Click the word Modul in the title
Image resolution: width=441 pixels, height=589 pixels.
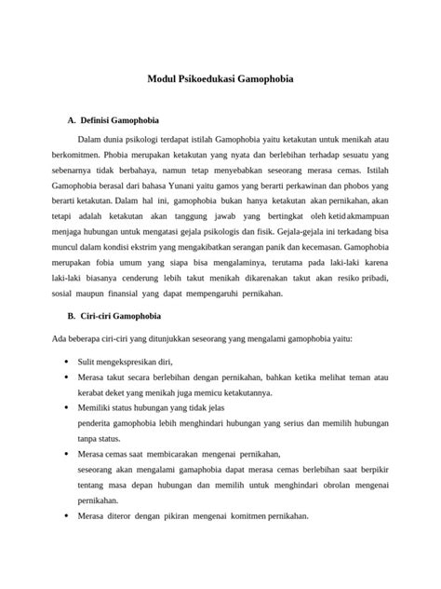(164, 80)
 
